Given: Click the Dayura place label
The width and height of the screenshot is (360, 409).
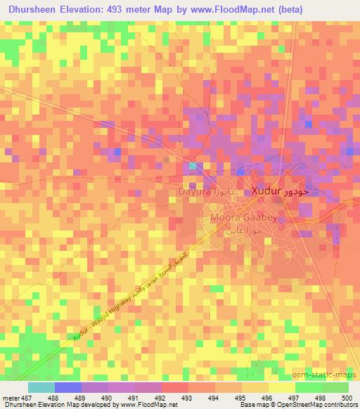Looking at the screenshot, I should [x=193, y=190].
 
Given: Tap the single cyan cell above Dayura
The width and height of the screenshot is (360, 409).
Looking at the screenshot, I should [x=193, y=166].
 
